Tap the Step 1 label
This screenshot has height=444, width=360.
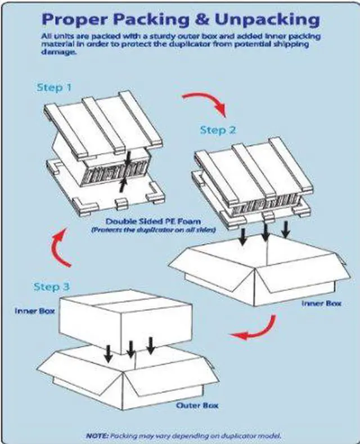point(54,87)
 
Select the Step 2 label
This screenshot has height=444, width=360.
point(218,130)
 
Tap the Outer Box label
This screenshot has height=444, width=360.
point(197,405)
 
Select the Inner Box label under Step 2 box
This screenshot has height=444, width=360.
point(321,303)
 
